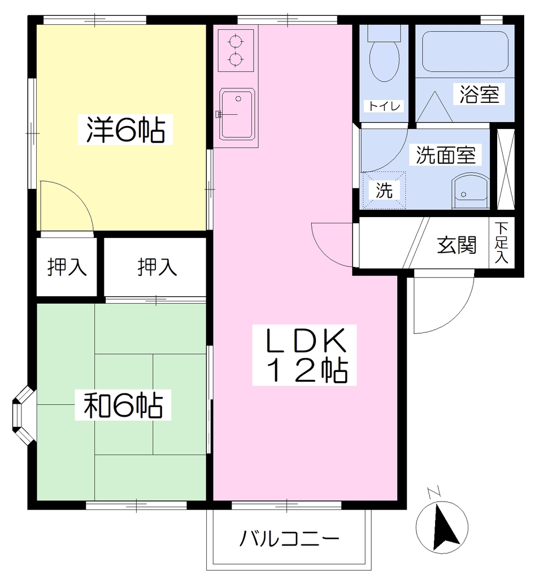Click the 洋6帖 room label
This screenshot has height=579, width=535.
click(x=125, y=129)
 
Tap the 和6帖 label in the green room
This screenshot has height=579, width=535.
click(x=123, y=405)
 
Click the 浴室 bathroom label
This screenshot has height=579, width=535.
click(x=479, y=94)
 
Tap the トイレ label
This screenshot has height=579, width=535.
click(x=384, y=106)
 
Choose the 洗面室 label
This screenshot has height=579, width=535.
click(x=446, y=155)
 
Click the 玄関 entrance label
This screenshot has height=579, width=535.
click(x=456, y=244)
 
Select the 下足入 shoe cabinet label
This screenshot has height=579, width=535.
click(x=502, y=242)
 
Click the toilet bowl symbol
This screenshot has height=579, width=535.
click(x=384, y=59)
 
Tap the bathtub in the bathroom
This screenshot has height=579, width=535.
click(x=465, y=51)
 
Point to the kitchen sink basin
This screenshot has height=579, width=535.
click(x=237, y=114)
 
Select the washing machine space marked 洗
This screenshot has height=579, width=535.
click(x=384, y=191)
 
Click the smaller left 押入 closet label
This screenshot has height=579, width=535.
click(x=67, y=267)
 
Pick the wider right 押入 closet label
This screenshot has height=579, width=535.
click(x=157, y=267)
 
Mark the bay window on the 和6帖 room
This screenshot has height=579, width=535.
click(x=24, y=415)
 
